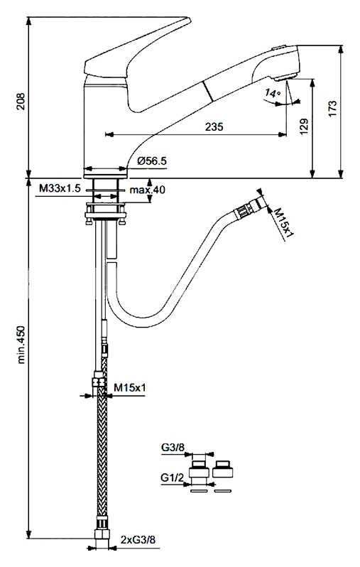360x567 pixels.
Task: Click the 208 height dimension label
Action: click(x=21, y=101)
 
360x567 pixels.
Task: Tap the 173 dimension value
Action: click(x=332, y=108)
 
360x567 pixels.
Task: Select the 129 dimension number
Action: click(x=304, y=126)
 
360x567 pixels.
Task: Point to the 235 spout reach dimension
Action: click(x=214, y=126)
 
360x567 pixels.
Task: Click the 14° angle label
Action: click(x=272, y=93)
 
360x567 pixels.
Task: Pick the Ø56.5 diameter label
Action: click(x=152, y=161)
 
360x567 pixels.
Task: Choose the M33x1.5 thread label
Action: click(x=60, y=188)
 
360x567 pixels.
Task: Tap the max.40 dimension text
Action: click(x=147, y=189)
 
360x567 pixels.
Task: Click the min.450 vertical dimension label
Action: click(x=21, y=345)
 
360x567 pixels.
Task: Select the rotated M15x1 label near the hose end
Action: click(x=284, y=222)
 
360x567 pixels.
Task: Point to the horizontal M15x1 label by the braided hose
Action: click(x=130, y=388)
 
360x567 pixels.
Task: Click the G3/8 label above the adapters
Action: click(x=173, y=448)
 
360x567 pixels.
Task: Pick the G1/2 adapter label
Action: click(x=172, y=478)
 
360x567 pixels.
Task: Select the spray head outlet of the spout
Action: click(x=285, y=77)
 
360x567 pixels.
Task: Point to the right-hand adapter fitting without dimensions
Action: click(x=223, y=469)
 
